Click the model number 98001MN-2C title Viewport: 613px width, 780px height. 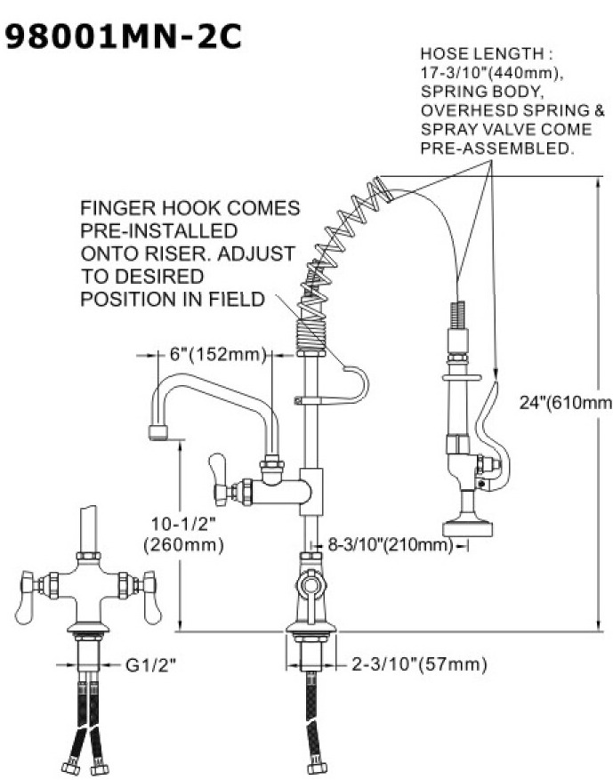(123, 37)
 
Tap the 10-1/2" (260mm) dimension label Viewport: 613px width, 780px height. (181, 532)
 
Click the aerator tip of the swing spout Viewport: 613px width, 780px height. (157, 433)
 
